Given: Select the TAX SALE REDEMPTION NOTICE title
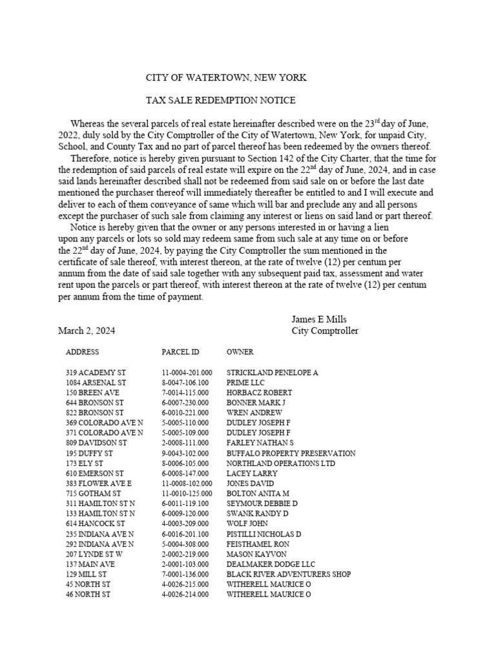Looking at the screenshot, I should [220, 101].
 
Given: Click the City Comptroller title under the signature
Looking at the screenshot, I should [324, 330].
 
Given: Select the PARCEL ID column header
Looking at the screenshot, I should [180, 352].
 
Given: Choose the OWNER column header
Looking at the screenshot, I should [240, 352].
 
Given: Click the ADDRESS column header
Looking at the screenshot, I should [82, 352].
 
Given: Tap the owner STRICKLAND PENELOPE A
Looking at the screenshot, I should [272, 373].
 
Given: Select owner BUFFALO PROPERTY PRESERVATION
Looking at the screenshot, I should [291, 454].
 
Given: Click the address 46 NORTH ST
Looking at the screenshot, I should [88, 594].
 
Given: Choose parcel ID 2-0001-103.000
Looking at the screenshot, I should [185, 564].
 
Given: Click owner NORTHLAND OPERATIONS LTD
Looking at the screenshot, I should [281, 463].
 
